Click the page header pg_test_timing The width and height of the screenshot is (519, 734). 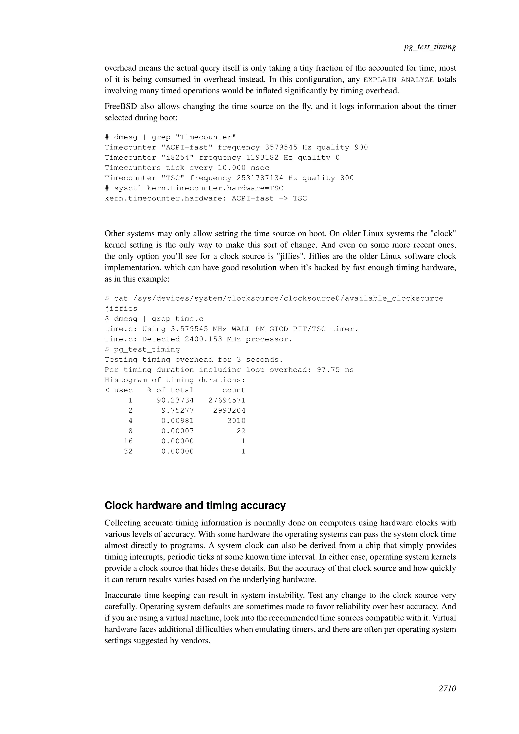pyautogui.click(x=430, y=47)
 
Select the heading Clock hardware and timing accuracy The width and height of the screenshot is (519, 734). pyautogui.click(x=195, y=505)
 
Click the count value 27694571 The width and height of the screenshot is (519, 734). pyautogui.click(x=227, y=400)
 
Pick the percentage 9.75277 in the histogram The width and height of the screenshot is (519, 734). pyautogui.click(x=177, y=411)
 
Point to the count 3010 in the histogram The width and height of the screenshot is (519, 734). pyautogui.click(x=236, y=421)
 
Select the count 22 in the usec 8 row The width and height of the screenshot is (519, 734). pyautogui.click(x=241, y=431)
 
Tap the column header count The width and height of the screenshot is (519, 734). pyautogui.click(x=234, y=390)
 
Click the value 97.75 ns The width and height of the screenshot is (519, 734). pyautogui.click(x=335, y=370)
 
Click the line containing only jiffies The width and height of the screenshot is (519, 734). pyautogui.click(x=121, y=308)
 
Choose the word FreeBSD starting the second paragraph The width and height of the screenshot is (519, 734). pyautogui.click(x=120, y=106)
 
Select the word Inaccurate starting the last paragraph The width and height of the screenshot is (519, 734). pyautogui.click(x=122, y=595)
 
